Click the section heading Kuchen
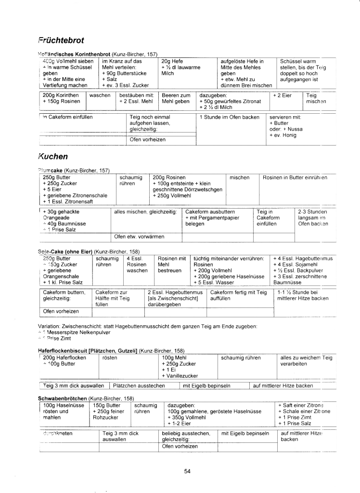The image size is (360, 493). [52, 156]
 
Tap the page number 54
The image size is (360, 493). [188, 471]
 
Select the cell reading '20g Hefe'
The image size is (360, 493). [172, 61]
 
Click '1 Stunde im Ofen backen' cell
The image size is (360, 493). [230, 117]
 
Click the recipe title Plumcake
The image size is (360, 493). [51, 171]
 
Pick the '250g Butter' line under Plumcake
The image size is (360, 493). [57, 177]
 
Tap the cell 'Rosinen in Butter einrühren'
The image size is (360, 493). [295, 177]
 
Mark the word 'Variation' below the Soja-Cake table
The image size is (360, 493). [48, 326]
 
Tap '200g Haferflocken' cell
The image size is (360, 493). [64, 358]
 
